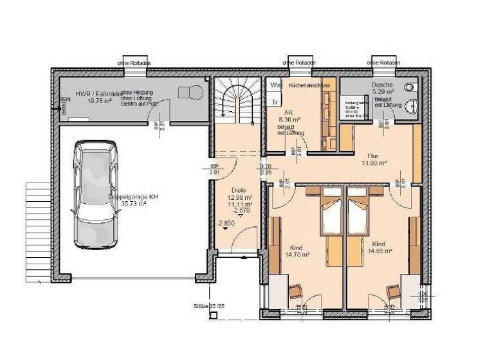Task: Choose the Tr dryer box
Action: click(x=275, y=102)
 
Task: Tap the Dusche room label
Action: click(x=380, y=85)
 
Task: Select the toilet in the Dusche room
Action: click(x=410, y=87)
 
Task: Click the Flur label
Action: click(x=372, y=156)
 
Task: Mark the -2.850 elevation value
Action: click(x=226, y=223)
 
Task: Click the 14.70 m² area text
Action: click(x=298, y=254)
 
